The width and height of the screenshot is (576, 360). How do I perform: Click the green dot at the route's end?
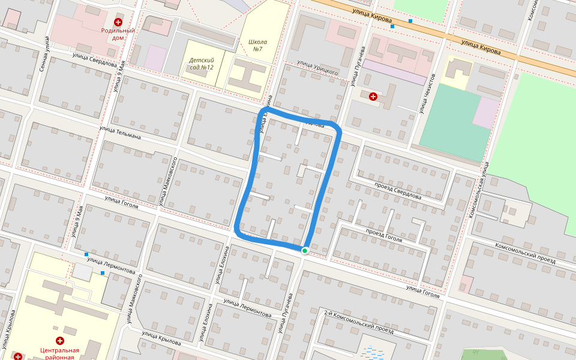305,250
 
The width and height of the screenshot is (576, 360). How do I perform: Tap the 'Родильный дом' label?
118,34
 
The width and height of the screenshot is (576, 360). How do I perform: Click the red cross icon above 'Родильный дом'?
118,22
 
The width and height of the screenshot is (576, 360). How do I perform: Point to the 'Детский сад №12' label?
202,64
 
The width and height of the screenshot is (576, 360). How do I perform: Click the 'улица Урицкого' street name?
318,68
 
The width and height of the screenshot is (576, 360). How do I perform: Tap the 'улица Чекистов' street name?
427,93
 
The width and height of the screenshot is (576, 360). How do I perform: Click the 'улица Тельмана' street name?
120,133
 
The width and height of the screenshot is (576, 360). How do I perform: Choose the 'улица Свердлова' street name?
94,59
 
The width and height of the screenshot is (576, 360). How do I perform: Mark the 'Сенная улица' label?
44,54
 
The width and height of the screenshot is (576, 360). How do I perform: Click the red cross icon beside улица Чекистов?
373,96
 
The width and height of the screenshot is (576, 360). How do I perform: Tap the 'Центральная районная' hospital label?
59,353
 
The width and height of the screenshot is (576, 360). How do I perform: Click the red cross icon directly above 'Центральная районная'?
60,341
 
